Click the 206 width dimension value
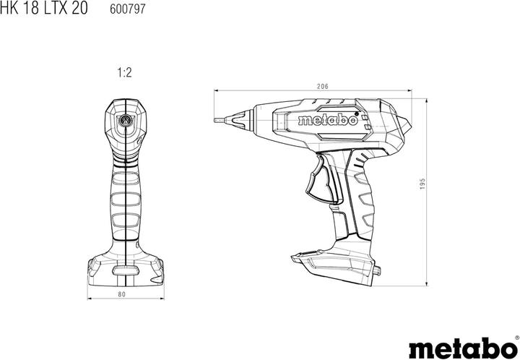point(323,87)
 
